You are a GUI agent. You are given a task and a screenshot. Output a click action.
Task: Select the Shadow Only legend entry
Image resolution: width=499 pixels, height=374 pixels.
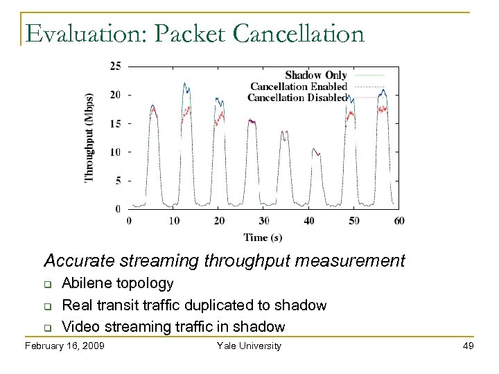(315, 75)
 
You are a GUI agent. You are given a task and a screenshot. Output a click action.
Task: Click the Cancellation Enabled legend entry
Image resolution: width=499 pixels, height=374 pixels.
(298, 87)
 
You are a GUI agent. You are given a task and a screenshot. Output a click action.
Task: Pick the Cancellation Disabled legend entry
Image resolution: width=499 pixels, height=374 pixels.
(297, 98)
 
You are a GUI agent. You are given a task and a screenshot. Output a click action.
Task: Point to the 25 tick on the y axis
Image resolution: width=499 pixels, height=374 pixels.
(115, 66)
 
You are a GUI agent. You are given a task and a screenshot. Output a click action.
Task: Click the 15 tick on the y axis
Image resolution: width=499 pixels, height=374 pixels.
(115, 123)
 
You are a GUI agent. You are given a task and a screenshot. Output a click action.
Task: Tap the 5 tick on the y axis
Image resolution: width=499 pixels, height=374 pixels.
(118, 180)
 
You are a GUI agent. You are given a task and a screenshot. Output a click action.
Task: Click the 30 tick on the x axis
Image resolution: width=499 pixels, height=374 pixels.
(264, 221)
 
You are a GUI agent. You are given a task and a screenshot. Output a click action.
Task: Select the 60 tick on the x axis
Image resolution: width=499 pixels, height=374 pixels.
(399, 221)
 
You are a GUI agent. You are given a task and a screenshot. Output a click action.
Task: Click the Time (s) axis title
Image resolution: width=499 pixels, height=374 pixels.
(263, 238)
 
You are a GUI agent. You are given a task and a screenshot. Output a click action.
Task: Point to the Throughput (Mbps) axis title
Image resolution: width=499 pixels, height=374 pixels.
(89, 137)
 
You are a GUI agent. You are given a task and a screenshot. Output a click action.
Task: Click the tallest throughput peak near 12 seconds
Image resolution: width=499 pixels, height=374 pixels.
(185, 84)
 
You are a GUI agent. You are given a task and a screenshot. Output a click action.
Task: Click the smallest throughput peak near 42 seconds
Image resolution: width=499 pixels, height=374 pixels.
(315, 149)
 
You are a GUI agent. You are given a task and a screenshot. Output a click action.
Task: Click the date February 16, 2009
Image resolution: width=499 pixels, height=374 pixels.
(64, 346)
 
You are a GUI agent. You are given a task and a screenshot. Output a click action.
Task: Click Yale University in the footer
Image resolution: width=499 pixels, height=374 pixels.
(249, 346)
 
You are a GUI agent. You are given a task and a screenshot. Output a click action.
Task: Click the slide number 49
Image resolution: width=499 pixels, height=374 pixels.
(468, 346)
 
